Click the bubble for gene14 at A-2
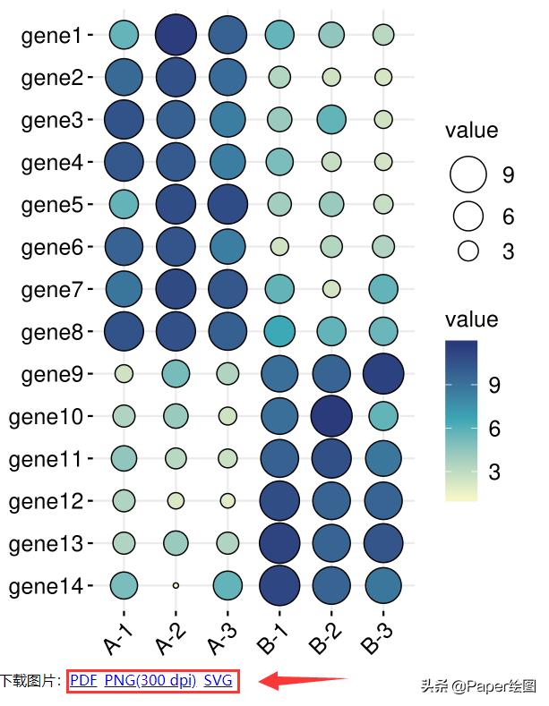pyautogui.click(x=176, y=585)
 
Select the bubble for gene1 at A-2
pyautogui.click(x=176, y=36)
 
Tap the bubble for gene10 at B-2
pyautogui.click(x=331, y=416)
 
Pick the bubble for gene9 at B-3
pyautogui.click(x=383, y=374)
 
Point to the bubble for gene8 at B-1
pyautogui.click(x=279, y=332)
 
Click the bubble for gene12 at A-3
pyautogui.click(x=227, y=500)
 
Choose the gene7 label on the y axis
pyautogui.click(x=51, y=290)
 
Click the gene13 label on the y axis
pyautogui.click(x=46, y=543)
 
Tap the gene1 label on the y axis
pyautogui.click(x=51, y=36)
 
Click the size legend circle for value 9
pyautogui.click(x=468, y=175)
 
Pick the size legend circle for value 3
pyautogui.click(x=468, y=251)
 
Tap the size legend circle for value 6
pyautogui.click(x=468, y=216)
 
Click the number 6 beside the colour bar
pyautogui.click(x=493, y=430)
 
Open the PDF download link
pyautogui.click(x=83, y=681)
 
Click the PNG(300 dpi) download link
pyautogui.click(x=150, y=681)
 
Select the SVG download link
pyautogui.click(x=219, y=681)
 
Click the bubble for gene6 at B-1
pyautogui.click(x=279, y=246)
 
